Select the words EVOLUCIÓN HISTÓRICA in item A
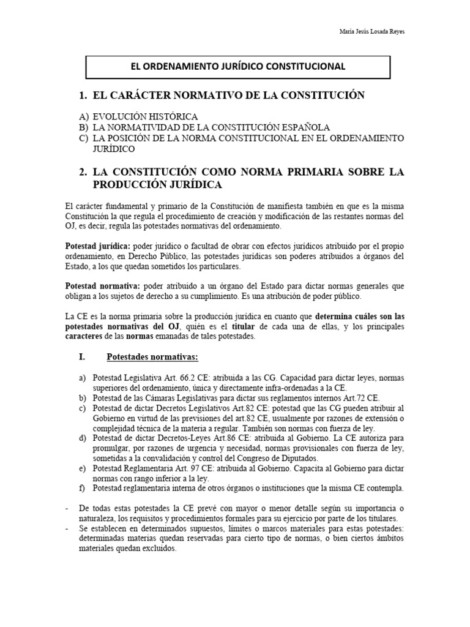point(145,116)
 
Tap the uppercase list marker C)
point(83,138)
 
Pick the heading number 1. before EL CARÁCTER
point(83,96)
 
